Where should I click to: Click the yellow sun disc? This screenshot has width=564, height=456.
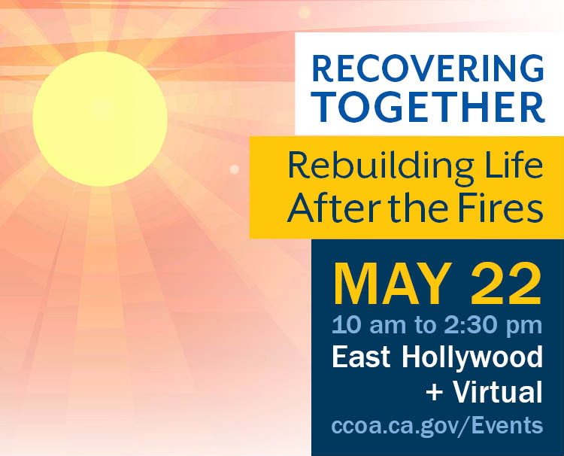(100, 119)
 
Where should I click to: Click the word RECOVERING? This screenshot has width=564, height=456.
(428, 68)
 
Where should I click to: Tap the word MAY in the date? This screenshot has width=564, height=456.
(393, 284)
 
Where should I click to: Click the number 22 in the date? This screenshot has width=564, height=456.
(506, 284)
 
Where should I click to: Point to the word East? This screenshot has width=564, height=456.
(361, 357)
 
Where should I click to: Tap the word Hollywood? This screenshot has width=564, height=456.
(472, 358)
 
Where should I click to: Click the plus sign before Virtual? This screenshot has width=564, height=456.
(435, 392)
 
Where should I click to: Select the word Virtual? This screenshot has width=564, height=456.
(498, 391)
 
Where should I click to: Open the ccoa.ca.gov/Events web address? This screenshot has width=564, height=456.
(437, 425)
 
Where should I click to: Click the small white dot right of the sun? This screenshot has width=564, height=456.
(235, 169)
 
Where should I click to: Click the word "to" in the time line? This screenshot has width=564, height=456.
(425, 326)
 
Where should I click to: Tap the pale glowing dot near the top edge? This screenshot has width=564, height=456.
(305, 13)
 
